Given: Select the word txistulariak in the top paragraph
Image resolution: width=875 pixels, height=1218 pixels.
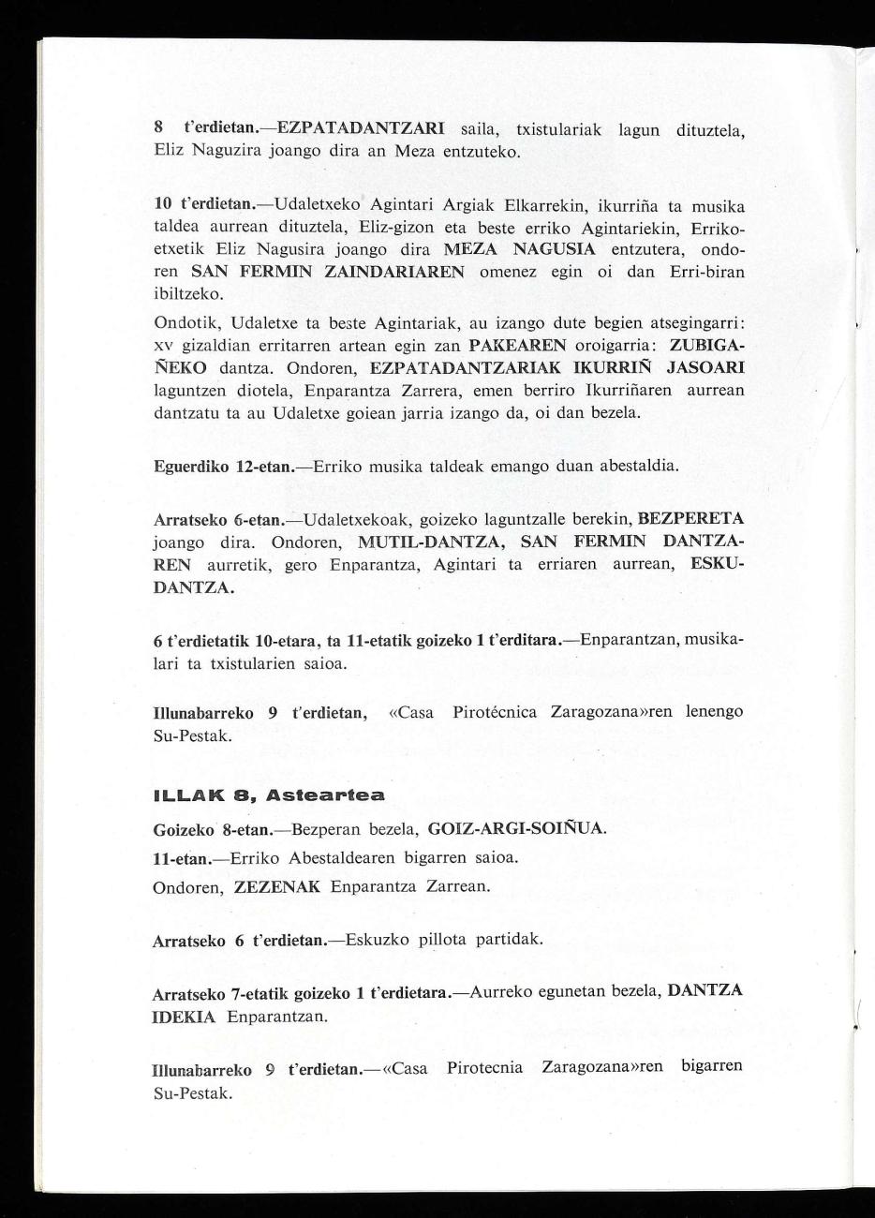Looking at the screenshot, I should (558, 127).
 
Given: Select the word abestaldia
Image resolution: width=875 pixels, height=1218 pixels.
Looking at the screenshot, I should (638, 466).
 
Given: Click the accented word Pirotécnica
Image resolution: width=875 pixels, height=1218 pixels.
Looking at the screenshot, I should (495, 712).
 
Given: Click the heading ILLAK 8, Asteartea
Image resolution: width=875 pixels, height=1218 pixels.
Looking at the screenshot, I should (269, 795).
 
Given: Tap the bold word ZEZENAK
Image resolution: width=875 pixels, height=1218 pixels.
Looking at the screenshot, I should (277, 886).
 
